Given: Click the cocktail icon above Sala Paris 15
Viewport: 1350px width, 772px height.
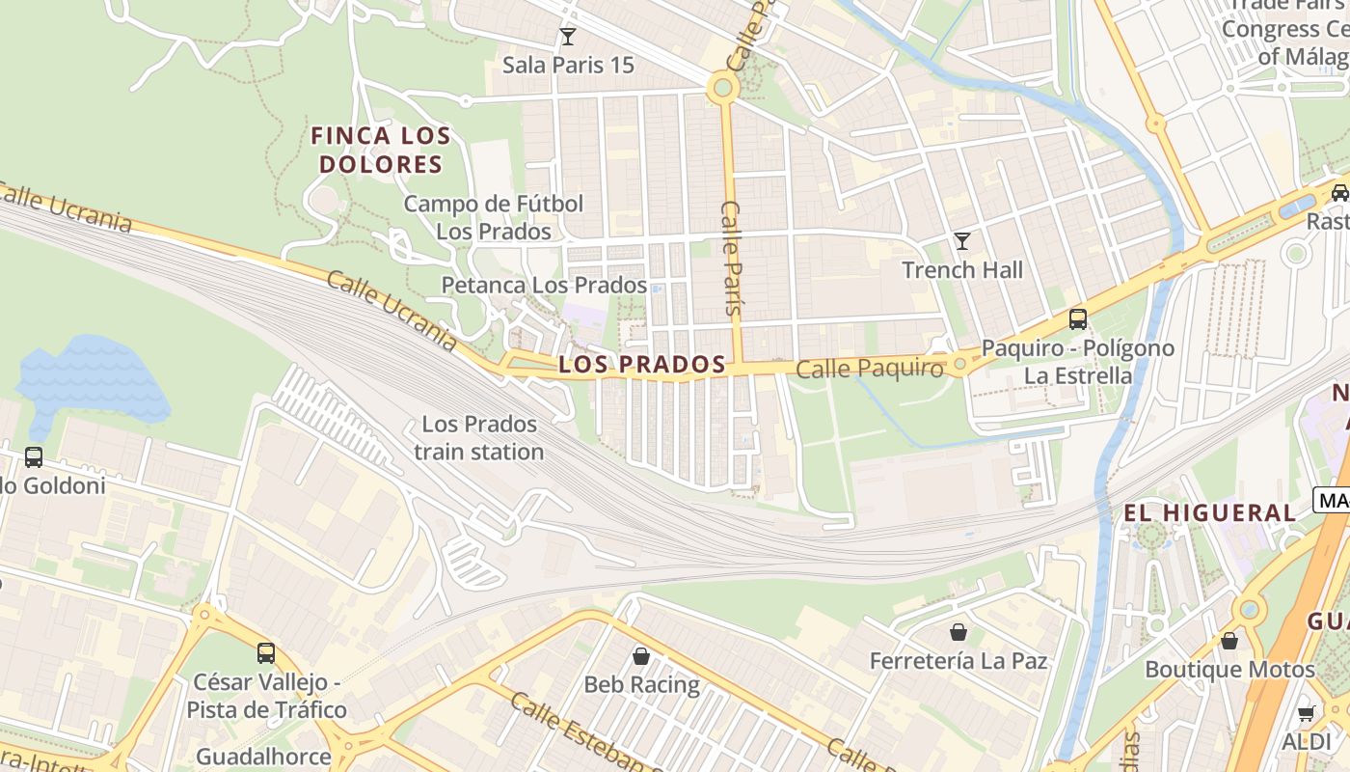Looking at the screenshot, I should click(568, 37).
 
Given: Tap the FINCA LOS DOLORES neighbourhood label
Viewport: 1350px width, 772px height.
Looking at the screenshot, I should click(381, 150).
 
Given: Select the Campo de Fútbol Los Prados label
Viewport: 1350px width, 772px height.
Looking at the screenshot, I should click(494, 217).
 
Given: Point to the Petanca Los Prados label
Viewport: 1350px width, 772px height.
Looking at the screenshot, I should click(544, 286).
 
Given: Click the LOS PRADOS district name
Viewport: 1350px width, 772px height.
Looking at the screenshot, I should click(641, 365).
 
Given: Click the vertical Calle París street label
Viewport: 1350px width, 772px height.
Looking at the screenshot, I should click(732, 259).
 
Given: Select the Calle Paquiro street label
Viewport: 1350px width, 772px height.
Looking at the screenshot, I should click(869, 369).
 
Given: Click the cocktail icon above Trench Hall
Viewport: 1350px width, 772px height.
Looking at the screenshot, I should click(961, 241).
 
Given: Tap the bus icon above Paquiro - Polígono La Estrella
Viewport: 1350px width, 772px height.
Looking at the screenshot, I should click(1078, 318).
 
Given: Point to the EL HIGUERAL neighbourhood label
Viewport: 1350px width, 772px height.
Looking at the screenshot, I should click(1209, 513).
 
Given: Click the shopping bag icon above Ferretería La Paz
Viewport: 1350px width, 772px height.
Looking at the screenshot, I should click(958, 632).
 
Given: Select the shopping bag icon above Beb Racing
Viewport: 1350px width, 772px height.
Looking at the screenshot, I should click(641, 656).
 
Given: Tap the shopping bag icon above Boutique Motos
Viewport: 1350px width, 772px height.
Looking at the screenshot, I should click(1229, 640).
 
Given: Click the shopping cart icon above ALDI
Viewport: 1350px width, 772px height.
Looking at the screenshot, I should click(1307, 713).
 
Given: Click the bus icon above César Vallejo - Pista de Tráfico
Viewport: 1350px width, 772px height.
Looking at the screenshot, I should click(266, 653).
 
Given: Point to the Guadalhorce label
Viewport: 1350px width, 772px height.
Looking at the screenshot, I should click(263, 756).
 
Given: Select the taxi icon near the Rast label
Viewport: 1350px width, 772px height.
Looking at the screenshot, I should click(1339, 192).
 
